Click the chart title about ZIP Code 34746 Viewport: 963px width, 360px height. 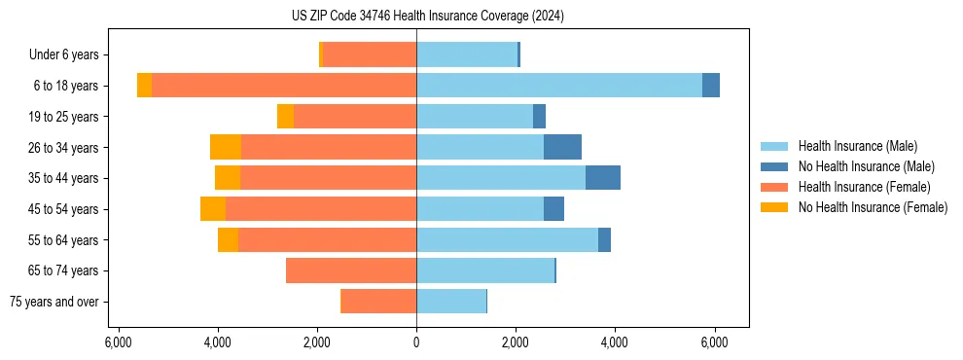point(427,16)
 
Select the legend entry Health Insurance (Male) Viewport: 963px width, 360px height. point(857,146)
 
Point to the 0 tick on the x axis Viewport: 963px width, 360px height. point(416,342)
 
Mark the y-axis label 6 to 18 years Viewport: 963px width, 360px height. point(65,86)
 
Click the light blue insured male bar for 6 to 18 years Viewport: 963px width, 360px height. point(559,86)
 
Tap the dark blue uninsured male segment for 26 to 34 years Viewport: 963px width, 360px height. point(562,147)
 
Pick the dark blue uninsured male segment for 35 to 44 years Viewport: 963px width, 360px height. point(603,178)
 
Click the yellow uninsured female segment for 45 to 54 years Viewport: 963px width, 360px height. point(213,209)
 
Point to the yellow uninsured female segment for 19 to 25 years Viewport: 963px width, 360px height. point(285,117)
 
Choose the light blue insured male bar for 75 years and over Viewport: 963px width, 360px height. point(451,302)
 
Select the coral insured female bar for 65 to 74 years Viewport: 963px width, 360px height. point(351,270)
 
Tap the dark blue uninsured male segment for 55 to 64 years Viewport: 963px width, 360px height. point(604,239)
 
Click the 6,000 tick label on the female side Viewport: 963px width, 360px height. point(117,342)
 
